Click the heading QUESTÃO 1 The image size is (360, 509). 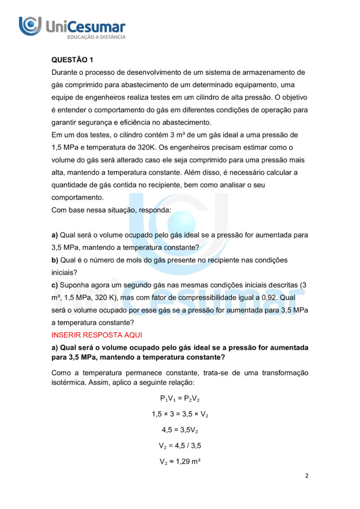(72, 60)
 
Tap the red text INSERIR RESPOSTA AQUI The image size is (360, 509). (96, 335)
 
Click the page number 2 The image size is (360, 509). (307, 476)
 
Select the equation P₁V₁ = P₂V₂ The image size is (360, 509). (180, 398)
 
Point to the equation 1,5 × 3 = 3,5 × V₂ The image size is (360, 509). (180, 414)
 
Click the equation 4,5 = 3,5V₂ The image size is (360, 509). (180, 430)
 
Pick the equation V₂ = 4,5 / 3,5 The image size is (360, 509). (180, 446)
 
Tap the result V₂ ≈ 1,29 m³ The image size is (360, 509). (180, 462)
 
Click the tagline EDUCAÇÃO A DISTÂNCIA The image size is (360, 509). (96, 37)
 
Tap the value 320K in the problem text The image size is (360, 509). (148, 147)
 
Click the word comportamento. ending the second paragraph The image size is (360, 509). (78, 197)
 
